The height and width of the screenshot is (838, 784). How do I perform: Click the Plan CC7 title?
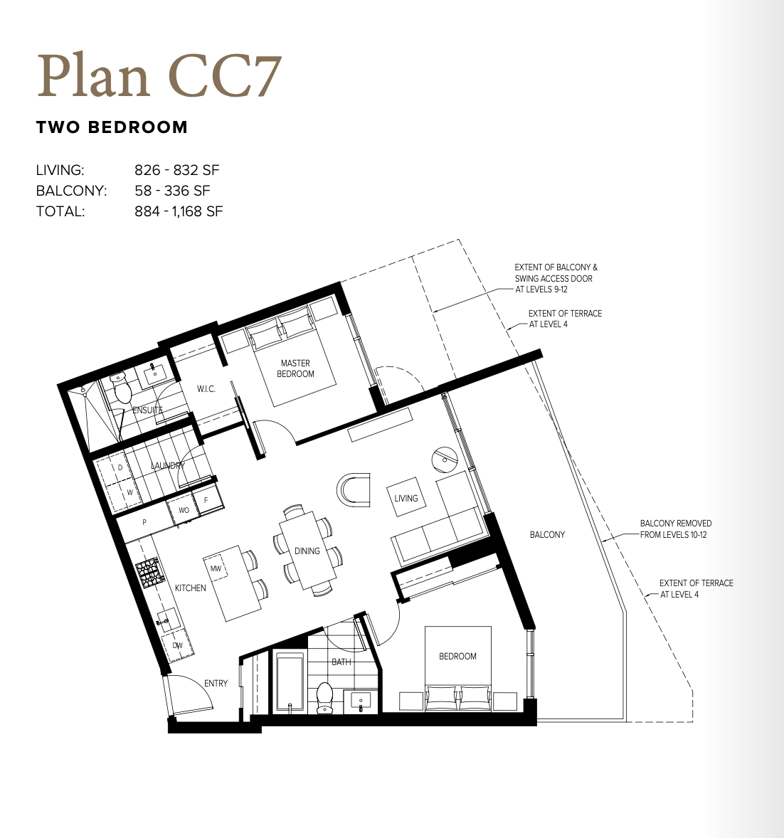tap(159, 75)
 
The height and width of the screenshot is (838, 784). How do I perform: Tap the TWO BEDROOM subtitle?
tap(112, 127)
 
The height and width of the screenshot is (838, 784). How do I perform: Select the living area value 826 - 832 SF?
tap(177, 170)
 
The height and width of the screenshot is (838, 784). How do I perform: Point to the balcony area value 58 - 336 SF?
tap(172, 191)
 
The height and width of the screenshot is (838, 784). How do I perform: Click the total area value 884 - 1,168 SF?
tap(179, 212)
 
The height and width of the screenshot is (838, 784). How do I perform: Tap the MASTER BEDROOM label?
tap(295, 368)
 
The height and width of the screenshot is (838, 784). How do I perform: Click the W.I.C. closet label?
tap(206, 389)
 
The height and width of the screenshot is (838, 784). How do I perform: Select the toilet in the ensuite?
tap(122, 388)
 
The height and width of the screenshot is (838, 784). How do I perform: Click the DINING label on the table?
tap(307, 551)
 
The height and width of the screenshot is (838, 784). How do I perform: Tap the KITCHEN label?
tap(190, 588)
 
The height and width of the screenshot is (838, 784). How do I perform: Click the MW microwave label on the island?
tap(216, 568)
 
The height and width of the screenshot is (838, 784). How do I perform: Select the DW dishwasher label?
tap(177, 646)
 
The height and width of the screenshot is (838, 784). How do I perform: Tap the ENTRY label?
tap(216, 683)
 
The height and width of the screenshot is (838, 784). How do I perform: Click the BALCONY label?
tap(547, 534)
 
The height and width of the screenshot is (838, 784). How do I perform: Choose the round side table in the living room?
tap(445, 459)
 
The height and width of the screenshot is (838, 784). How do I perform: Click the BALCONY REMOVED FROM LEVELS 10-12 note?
tap(676, 529)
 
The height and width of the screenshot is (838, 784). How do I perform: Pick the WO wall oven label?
tap(184, 510)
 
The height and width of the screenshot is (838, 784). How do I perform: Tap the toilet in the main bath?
tap(325, 697)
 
